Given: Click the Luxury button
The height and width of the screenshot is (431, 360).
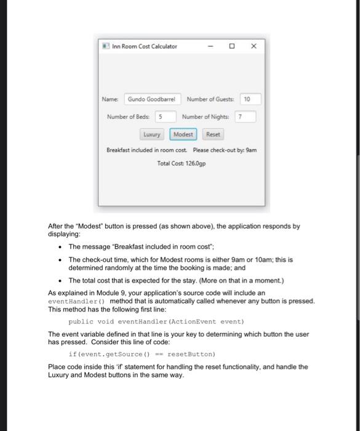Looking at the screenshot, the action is (x=151, y=134).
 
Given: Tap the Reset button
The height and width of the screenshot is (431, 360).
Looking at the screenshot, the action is (x=213, y=134).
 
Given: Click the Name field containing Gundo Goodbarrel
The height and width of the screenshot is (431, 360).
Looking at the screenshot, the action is (x=152, y=99).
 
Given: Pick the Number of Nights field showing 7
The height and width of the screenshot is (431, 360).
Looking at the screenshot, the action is (x=245, y=116).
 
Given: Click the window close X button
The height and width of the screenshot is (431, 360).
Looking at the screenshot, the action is (x=254, y=46).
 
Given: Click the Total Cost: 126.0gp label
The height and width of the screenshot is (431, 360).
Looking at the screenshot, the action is (x=182, y=163).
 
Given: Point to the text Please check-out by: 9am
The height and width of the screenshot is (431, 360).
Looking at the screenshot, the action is (x=224, y=150).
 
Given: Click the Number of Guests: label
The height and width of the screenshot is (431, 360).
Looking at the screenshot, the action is (x=210, y=99).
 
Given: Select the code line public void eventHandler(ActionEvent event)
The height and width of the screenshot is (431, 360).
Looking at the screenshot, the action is (x=156, y=321).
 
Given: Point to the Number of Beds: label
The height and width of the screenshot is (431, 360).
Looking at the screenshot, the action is (x=128, y=116).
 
